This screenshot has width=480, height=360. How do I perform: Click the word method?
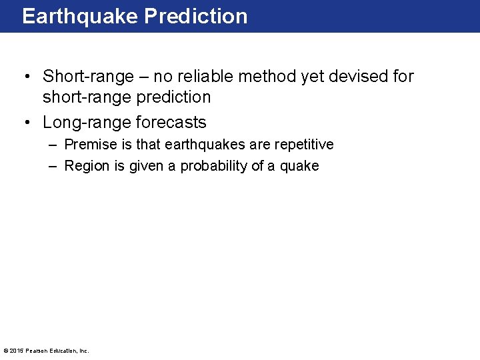pos(267,77)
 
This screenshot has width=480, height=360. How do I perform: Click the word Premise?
pos(89,145)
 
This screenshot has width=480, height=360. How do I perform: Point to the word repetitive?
pos(303,145)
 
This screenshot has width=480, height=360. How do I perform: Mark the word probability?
pos(213,166)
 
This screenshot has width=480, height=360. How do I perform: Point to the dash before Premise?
pos(53,145)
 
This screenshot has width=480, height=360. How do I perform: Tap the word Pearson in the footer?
pos(36,351)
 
